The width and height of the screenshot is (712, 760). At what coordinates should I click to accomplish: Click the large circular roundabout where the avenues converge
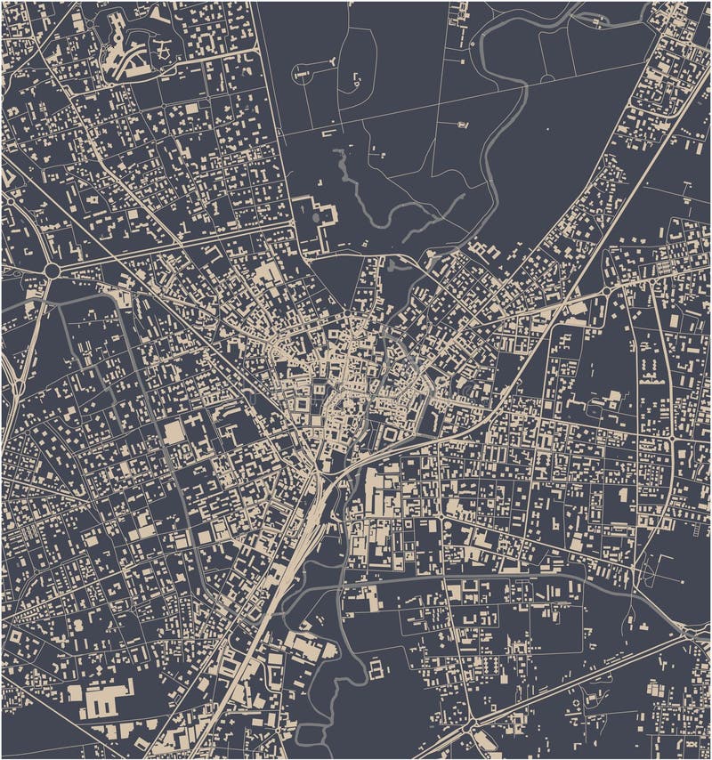53,269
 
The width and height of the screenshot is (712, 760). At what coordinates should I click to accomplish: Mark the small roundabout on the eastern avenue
606,291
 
